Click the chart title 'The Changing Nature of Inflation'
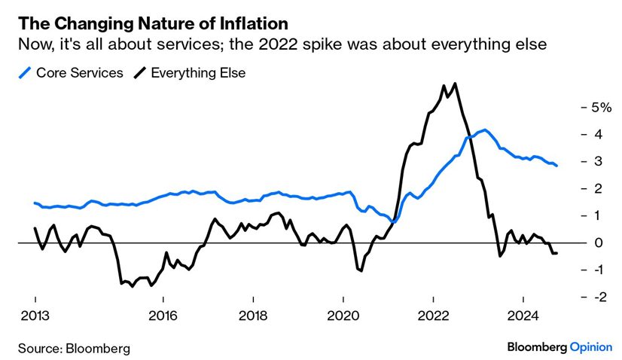pos(153,23)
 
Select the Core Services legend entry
pos(71,73)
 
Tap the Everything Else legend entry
pos(190,73)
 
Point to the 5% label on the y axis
pos(602,107)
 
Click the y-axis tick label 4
pos(598,135)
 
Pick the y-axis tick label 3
pos(598,161)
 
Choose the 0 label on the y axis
pos(598,243)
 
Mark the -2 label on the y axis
pos(599,297)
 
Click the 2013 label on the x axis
pos(35,316)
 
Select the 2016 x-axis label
pos(163,316)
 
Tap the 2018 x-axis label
pos(253,316)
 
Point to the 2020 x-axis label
pos(343,316)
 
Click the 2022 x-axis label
pos(434,316)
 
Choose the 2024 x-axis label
pos(523,316)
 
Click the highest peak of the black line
pos(455,84)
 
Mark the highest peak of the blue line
pos(485,130)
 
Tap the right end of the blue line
pos(557,166)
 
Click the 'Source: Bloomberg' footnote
pos(75,349)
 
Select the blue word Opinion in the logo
pos(591,347)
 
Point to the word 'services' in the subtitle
pos(190,44)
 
